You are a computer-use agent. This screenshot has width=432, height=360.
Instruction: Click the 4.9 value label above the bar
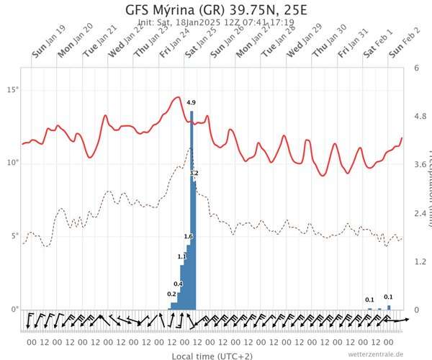191,103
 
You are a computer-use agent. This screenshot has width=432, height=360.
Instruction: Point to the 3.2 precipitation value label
194,174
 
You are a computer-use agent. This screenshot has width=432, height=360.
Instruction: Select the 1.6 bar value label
188,236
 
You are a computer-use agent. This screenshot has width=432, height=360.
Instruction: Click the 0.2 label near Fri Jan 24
171,294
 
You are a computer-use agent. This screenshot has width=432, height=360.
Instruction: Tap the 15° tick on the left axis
12,89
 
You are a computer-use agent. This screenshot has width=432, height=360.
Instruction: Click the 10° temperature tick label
12,163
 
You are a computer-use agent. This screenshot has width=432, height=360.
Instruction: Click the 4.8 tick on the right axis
418,116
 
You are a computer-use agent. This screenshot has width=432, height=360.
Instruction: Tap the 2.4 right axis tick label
418,213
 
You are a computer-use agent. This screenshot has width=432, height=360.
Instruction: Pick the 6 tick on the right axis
417,68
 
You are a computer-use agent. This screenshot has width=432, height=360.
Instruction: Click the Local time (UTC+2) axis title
215,356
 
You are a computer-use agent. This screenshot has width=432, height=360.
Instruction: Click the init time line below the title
215,23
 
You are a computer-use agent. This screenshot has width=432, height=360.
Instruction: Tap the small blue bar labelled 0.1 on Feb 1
370,308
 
